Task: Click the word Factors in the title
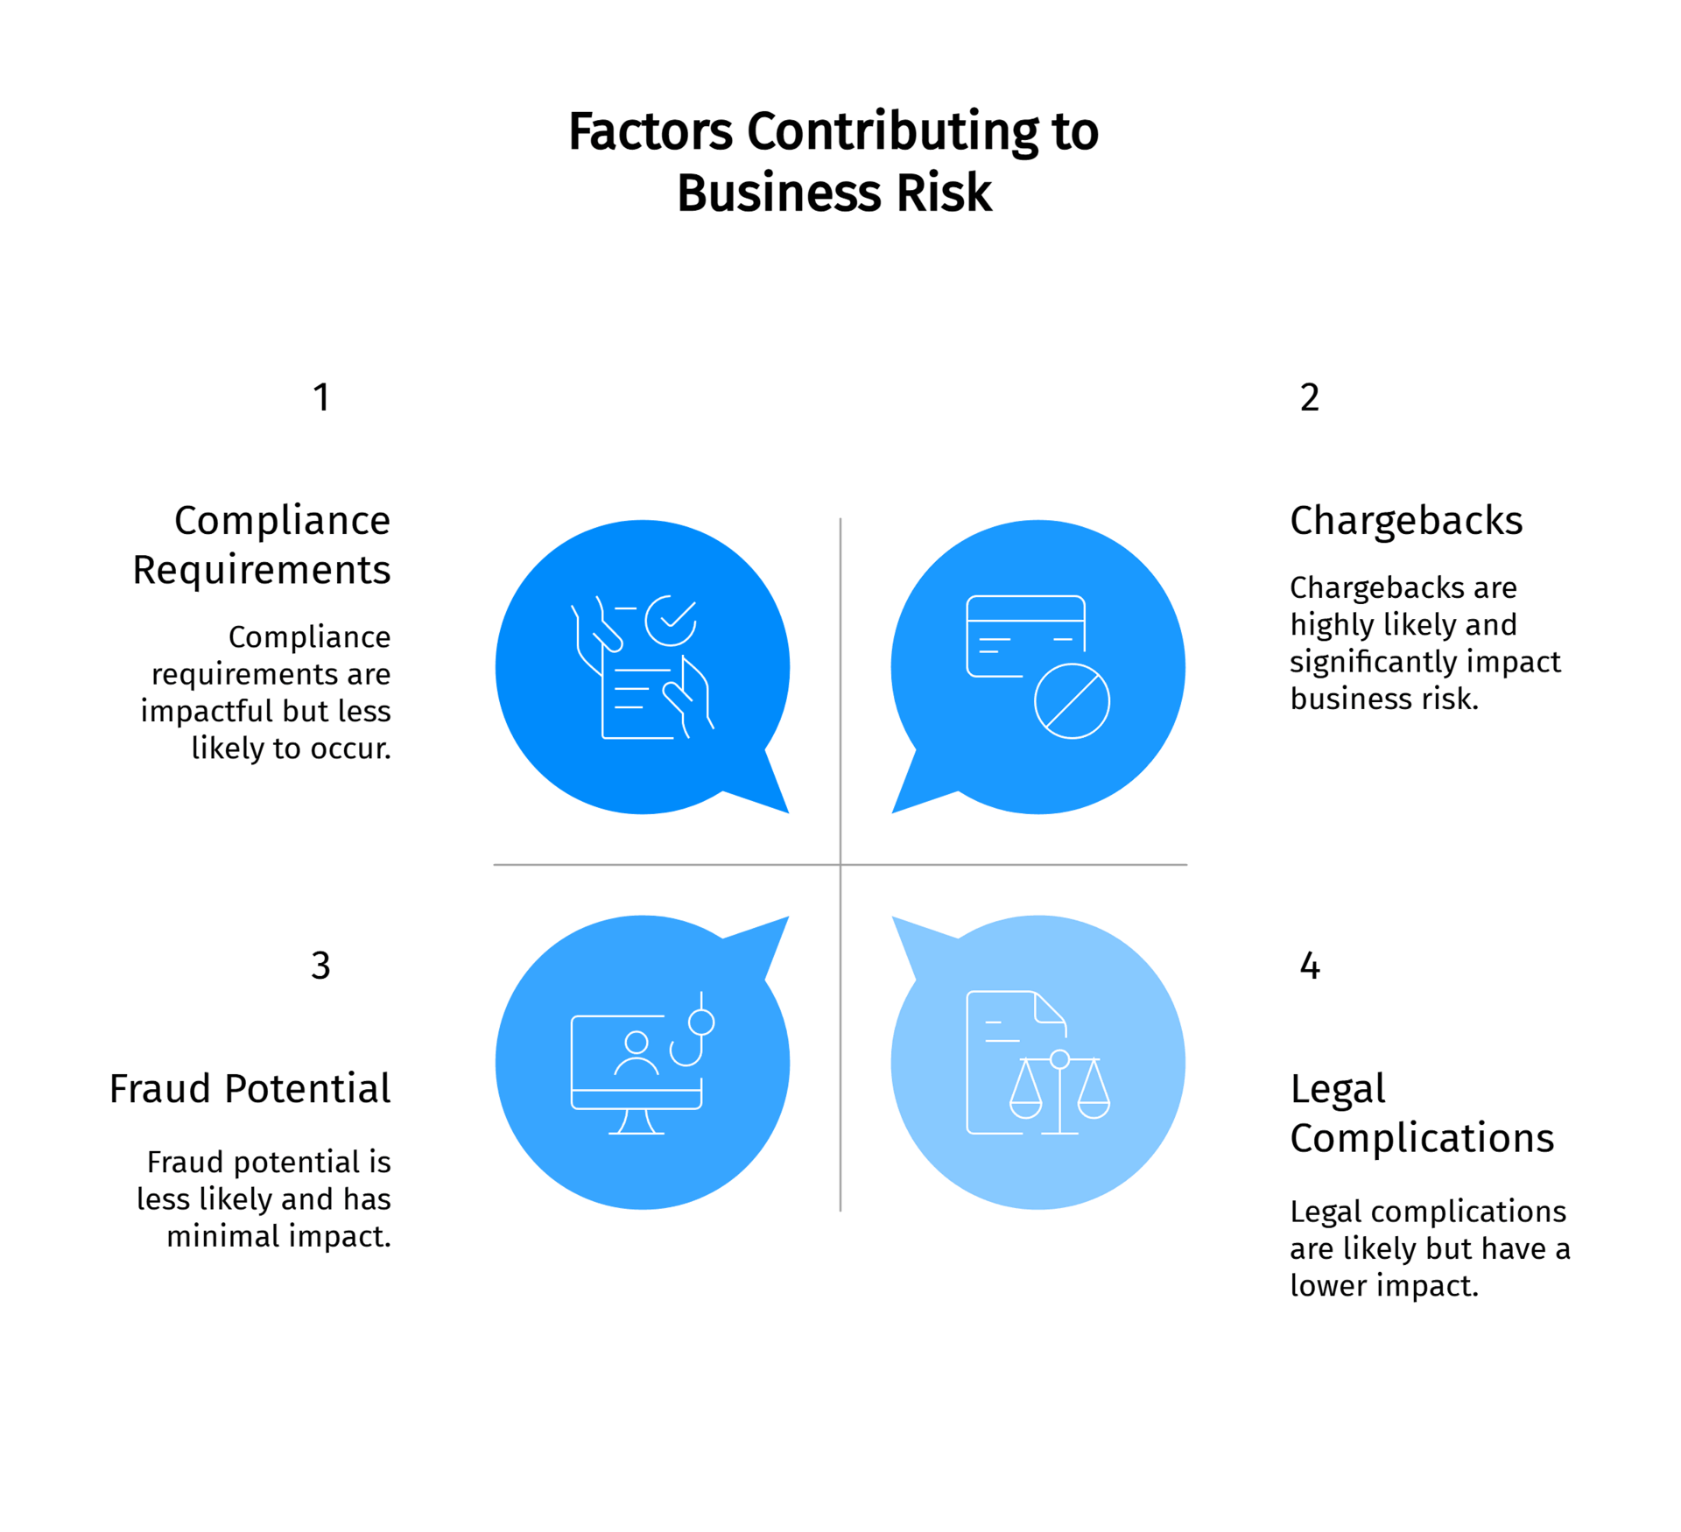coord(651,132)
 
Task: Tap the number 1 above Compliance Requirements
coord(321,397)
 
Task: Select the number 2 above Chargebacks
coord(1309,397)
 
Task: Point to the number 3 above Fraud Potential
coord(320,966)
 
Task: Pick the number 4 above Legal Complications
coord(1309,966)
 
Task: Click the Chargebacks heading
coord(1406,521)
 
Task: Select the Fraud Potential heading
coord(250,1089)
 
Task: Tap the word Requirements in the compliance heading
coord(262,570)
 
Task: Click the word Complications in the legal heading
coord(1422,1138)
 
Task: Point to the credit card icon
coord(1024,636)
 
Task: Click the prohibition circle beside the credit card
coord(1072,701)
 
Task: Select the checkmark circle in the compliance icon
coord(671,620)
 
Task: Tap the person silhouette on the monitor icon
coord(637,1053)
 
